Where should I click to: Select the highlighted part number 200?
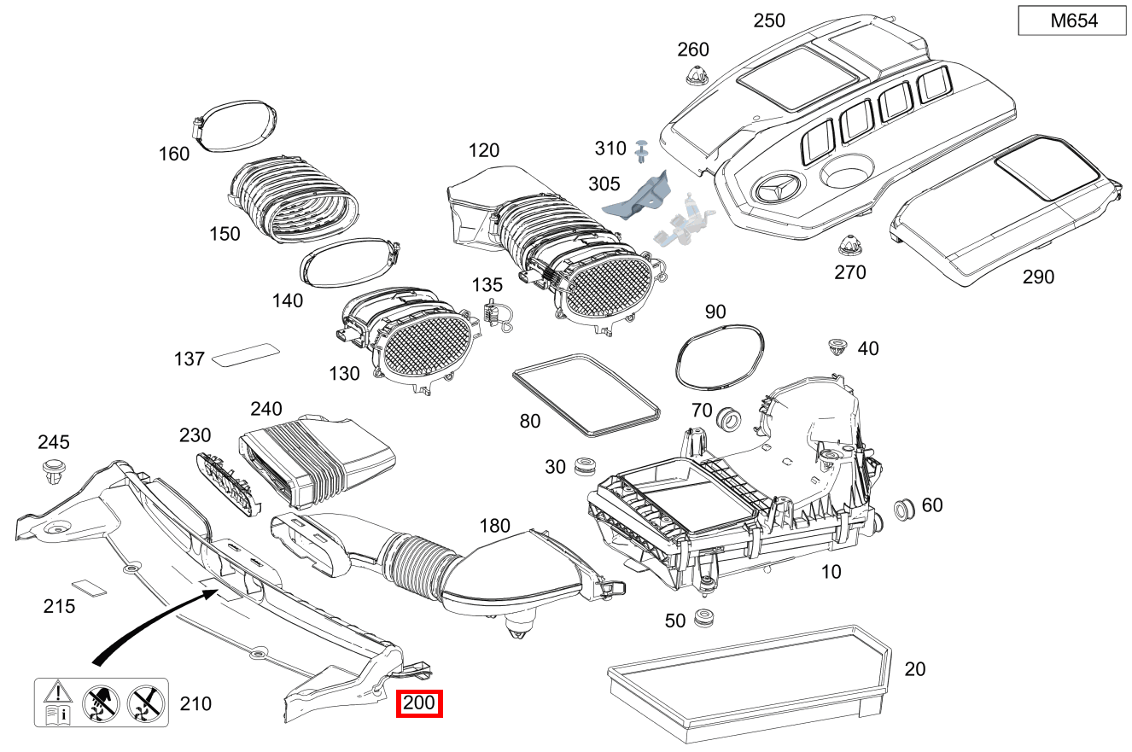coord(420,703)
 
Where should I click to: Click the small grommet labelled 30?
coord(585,466)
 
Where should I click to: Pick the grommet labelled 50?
coord(704,617)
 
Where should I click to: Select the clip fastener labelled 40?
coord(837,347)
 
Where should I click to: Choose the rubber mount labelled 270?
coord(848,245)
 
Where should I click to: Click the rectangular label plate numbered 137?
coord(246,354)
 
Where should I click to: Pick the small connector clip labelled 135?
coord(494,314)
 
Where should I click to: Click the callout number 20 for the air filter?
coord(914,669)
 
